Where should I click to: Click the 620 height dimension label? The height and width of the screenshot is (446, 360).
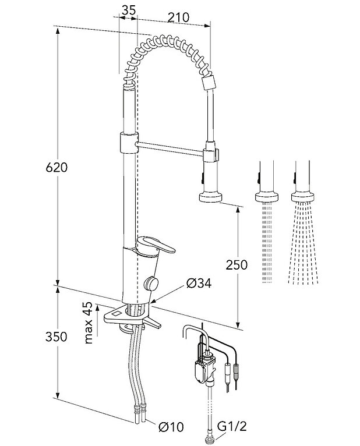[58, 168]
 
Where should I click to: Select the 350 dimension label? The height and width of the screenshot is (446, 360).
[58, 337]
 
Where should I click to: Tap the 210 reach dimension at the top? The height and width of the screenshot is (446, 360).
[178, 17]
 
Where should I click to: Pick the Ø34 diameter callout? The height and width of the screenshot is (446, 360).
[198, 284]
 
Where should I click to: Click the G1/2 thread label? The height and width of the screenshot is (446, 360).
[229, 427]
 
